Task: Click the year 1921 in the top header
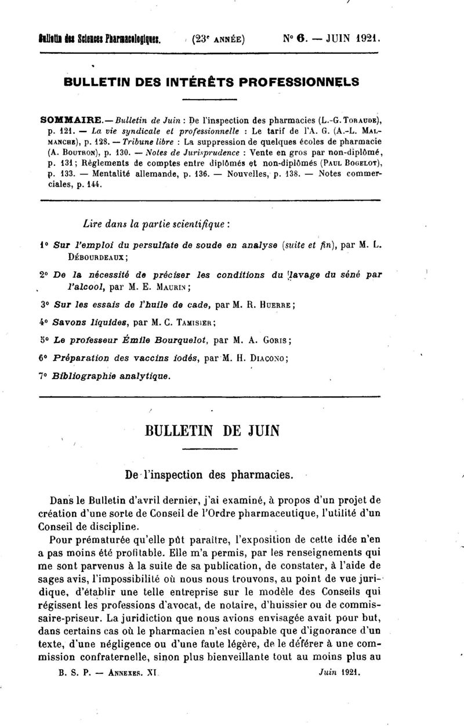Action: coord(364,41)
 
